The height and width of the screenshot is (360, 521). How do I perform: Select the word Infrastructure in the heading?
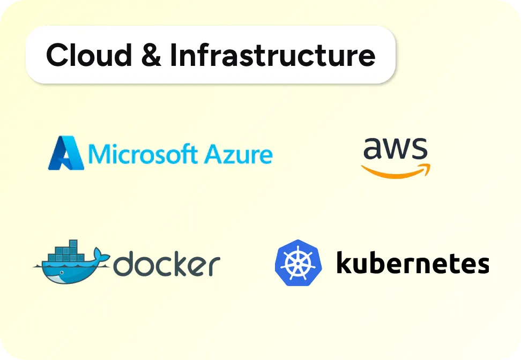272,55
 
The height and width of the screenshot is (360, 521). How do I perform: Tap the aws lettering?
395,149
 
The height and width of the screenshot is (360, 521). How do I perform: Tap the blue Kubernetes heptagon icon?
298,263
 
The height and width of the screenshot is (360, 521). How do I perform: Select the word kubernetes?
412,263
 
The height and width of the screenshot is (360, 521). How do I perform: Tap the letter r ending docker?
214,266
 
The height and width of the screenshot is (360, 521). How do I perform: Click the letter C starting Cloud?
58,55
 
